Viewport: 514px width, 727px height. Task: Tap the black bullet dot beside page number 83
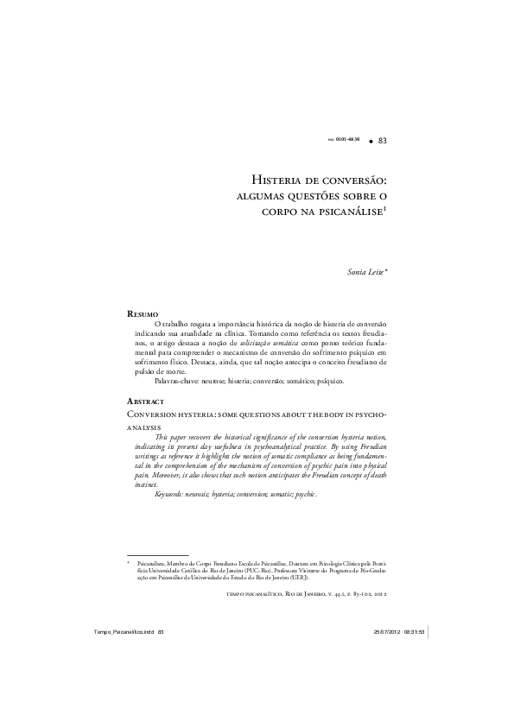tap(369, 139)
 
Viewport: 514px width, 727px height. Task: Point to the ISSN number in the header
tap(344, 139)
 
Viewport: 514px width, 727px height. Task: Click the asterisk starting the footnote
tap(128, 561)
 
